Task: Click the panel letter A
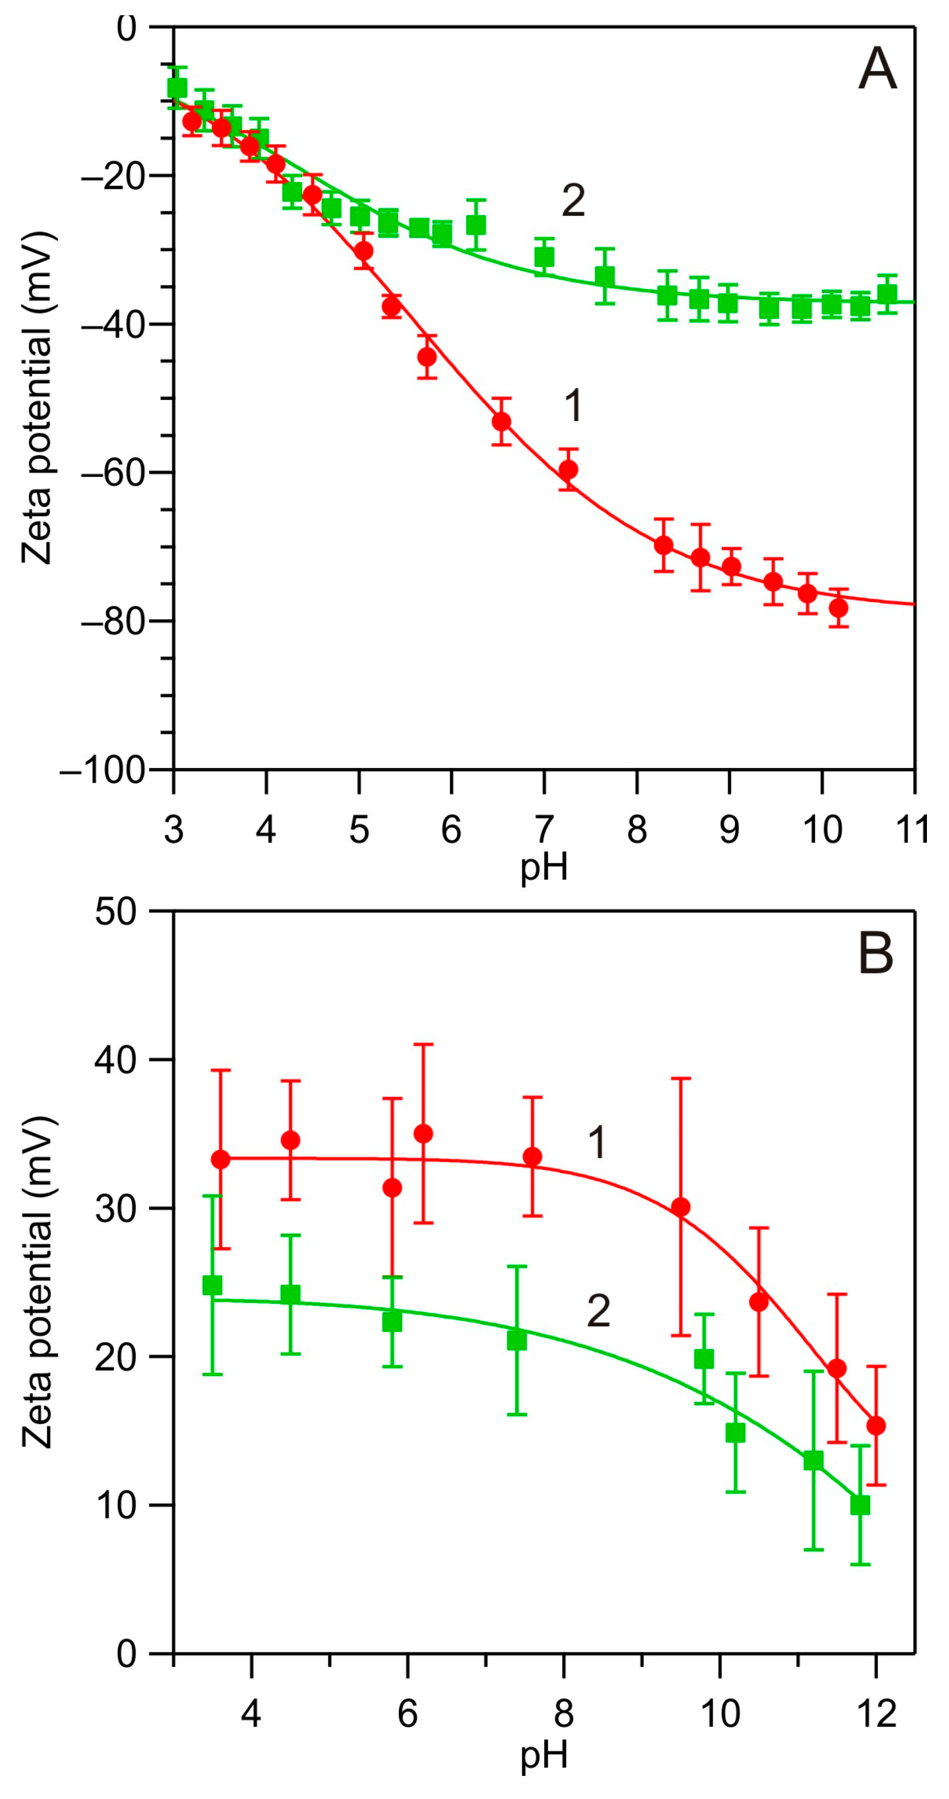pyautogui.click(x=877, y=69)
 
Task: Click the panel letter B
pyautogui.click(x=876, y=954)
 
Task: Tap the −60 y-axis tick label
pyautogui.click(x=114, y=473)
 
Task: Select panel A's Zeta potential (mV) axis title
pyautogui.click(x=36, y=398)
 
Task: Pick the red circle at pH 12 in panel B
pyautogui.click(x=876, y=1426)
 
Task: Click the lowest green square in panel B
pyautogui.click(x=860, y=1505)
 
